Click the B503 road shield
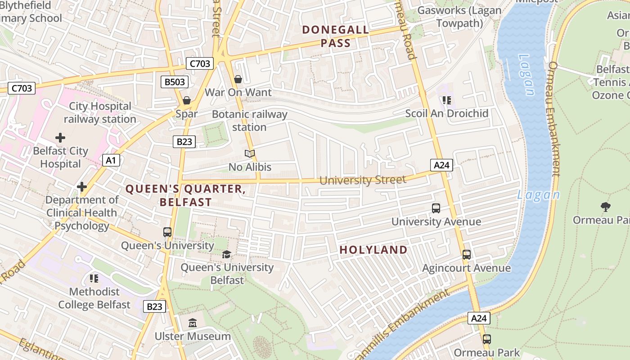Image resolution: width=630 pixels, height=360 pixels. pos(175,82)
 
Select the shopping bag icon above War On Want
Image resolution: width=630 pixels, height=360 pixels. pos(238,79)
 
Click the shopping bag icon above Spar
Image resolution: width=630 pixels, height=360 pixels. pos(186,100)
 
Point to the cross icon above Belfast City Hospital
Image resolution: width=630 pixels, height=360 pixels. pos(60,137)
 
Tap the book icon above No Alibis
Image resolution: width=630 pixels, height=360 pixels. pos(250,154)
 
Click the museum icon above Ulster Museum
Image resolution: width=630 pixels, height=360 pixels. pos(193,323)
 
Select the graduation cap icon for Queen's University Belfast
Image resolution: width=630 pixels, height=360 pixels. pos(226,254)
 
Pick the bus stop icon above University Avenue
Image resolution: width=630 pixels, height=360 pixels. pos(436,208)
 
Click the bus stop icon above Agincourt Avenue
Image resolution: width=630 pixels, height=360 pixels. pos(467,255)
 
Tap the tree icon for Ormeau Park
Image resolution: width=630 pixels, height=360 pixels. pos(606,207)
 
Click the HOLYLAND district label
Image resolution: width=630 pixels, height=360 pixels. pos(373,250)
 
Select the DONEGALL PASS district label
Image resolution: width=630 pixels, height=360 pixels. pos(335,36)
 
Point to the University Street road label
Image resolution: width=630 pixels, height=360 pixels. pos(363,180)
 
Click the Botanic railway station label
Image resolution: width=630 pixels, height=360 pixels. pos(249,121)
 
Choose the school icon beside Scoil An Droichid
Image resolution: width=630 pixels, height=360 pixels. pos(446,100)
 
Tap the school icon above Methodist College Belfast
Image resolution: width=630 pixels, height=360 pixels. pos(94,279)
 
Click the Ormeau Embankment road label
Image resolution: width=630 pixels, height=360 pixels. pos(553,119)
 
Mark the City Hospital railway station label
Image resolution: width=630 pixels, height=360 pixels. pos(100,112)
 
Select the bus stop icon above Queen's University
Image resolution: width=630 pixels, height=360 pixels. pos(167,232)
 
